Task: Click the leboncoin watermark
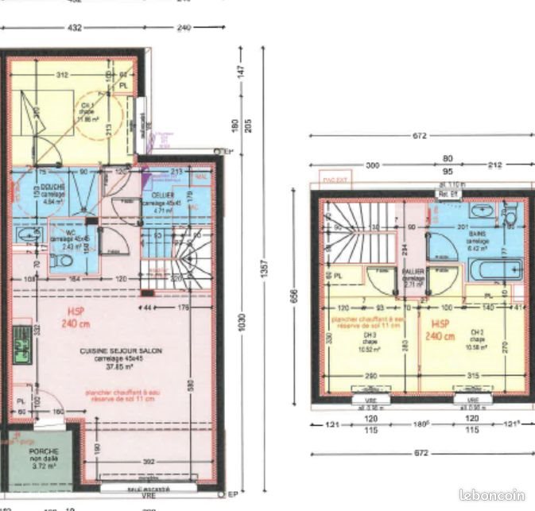500,492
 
